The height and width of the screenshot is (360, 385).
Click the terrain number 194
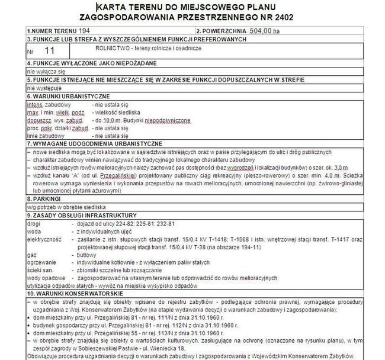click(x=85, y=30)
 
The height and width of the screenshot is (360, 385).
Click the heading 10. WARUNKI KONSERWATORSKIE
click(x=75, y=294)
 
